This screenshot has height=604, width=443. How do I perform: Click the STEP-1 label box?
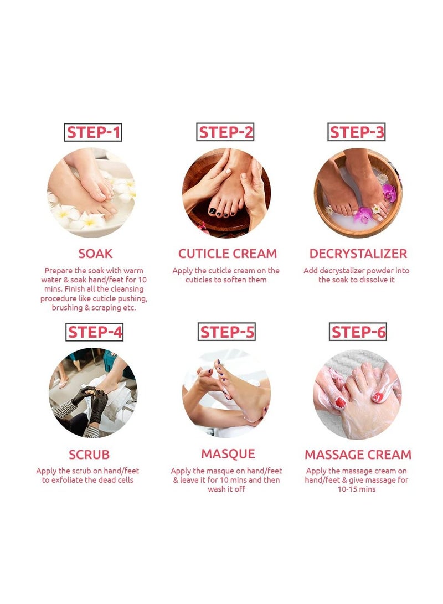(93, 132)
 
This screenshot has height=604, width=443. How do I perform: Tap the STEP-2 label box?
(225, 132)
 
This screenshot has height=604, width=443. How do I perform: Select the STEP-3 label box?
(356, 132)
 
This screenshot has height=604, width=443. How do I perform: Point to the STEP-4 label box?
(94, 332)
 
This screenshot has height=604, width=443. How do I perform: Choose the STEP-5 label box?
(227, 332)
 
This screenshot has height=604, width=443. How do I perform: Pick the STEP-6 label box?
(358, 332)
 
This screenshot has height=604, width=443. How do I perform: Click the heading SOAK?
(96, 254)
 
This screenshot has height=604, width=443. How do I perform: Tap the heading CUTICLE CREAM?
(227, 254)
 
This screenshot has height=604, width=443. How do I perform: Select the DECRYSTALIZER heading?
(358, 254)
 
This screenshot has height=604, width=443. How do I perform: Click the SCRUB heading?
(89, 455)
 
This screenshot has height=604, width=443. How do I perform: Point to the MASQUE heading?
(228, 454)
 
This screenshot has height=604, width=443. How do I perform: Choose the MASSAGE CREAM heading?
(358, 455)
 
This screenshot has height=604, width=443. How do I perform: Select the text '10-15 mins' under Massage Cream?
(356, 489)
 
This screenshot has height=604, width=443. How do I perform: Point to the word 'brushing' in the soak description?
(68, 308)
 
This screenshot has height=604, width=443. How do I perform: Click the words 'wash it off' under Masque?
(226, 489)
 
